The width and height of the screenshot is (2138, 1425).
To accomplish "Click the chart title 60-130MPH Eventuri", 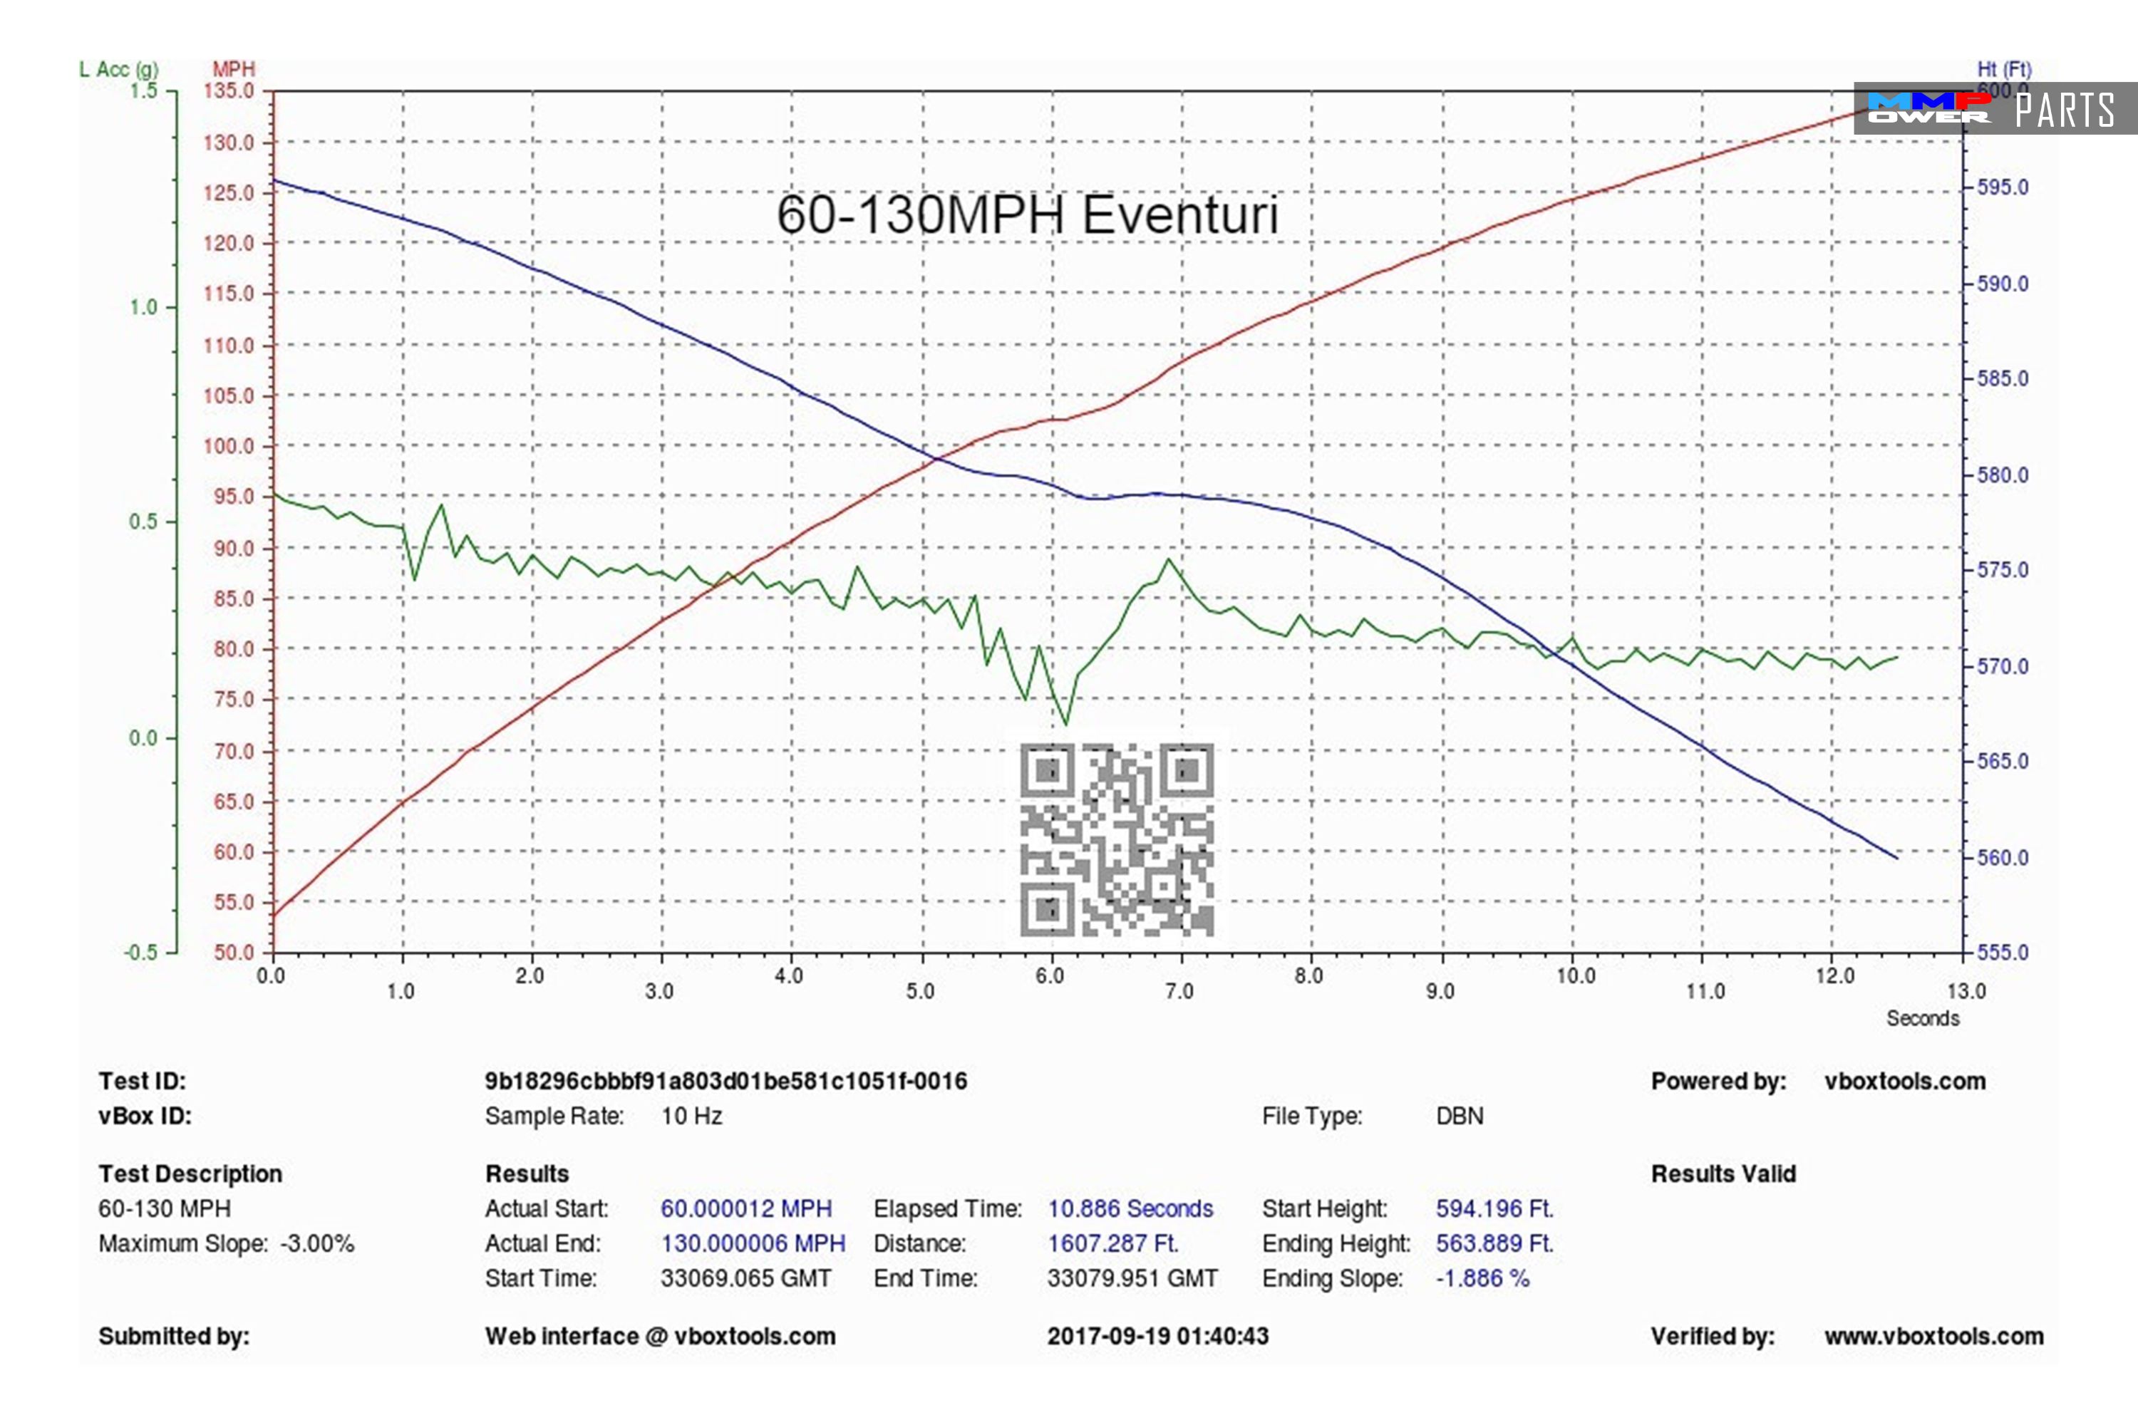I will (x=1027, y=215).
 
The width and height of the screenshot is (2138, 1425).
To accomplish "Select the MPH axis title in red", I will (x=234, y=69).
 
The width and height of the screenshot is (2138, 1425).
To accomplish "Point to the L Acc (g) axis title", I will (x=118, y=69).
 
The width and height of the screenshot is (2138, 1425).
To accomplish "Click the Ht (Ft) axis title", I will (x=2003, y=69).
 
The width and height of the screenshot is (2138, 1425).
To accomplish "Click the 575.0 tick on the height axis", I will (x=2003, y=570).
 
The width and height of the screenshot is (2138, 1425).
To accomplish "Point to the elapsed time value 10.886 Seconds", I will (x=1130, y=1208).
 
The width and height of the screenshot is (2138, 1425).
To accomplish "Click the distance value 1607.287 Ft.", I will (x=1112, y=1243).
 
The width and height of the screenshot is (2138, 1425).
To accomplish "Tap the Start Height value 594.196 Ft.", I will (x=1494, y=1208).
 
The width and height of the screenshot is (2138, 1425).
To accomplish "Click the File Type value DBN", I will (x=1459, y=1116).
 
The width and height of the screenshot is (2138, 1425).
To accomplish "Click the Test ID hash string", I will (x=725, y=1082).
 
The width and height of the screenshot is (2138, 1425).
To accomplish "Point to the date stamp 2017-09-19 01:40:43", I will (x=1157, y=1336).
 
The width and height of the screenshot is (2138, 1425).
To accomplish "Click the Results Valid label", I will (x=1723, y=1174).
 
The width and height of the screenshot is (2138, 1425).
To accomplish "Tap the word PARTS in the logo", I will (x=2065, y=110).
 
